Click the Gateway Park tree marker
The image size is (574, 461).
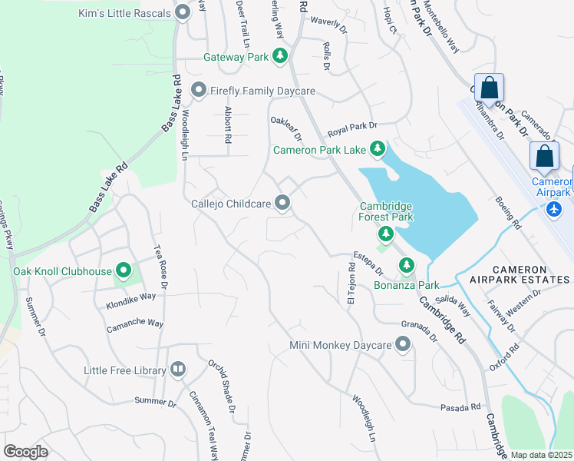click(281, 56)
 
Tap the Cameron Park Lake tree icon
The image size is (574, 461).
click(377, 148)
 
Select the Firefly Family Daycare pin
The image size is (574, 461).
click(198, 91)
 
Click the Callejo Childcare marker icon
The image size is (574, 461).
click(282, 203)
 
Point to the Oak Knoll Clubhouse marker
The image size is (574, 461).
click(123, 270)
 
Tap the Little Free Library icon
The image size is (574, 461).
click(178, 370)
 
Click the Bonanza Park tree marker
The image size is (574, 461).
click(406, 266)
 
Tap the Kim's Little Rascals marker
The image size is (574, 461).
click(182, 12)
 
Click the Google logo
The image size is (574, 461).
click(25, 451)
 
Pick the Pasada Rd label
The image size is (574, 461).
click(460, 407)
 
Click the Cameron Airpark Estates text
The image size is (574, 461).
click(513, 275)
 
